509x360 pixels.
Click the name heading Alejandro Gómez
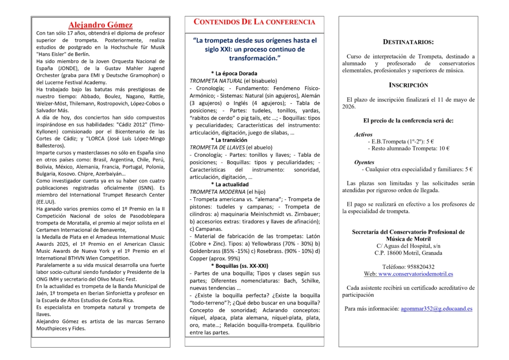pos(100,25)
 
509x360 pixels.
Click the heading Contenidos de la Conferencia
pos(254,22)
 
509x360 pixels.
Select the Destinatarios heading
pos(408,43)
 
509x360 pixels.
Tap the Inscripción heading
pos(408,85)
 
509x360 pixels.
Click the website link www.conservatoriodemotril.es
pos(416,274)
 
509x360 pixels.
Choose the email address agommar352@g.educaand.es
pos(436,309)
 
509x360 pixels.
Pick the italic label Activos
pos(363,135)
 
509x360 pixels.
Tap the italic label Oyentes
pos(364,162)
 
